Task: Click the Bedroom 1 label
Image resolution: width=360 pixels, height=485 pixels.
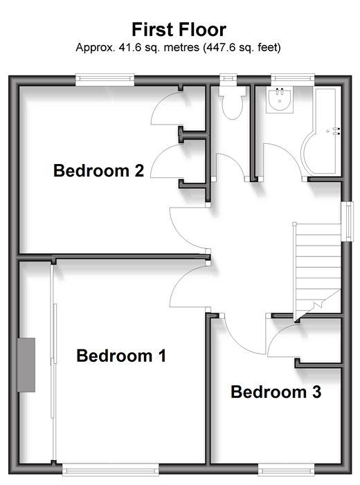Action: pos(121,356)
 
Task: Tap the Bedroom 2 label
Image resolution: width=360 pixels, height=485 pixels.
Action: pos(99,170)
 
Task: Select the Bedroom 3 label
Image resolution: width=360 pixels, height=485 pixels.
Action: pos(276,392)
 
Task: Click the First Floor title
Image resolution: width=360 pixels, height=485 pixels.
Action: pos(179,30)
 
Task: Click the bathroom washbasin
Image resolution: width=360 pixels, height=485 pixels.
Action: pos(280,100)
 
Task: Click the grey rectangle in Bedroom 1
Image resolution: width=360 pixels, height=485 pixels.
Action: pos(26,365)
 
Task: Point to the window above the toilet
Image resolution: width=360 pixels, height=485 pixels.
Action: pos(228,79)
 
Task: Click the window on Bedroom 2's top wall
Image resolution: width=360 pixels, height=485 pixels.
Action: pos(105,80)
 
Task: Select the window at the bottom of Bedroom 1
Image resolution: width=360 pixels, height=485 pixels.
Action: pos(111,470)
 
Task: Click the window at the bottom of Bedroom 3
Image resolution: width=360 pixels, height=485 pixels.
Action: pos(287,470)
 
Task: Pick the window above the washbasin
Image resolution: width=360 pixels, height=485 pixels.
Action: pos(293,79)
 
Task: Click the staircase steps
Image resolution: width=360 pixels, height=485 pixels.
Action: pos(317,269)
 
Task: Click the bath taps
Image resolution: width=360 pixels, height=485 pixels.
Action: pos(336,131)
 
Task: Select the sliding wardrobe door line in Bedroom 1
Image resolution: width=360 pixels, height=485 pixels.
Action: pos(53,362)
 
